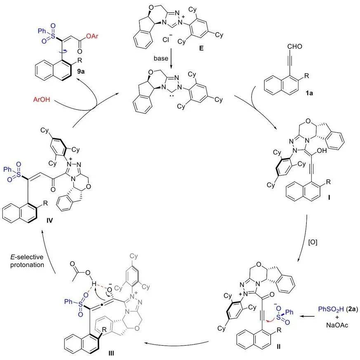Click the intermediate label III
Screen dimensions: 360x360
pyautogui.click(x=111, y=353)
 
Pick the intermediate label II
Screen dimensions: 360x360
pyautogui.click(x=279, y=347)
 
